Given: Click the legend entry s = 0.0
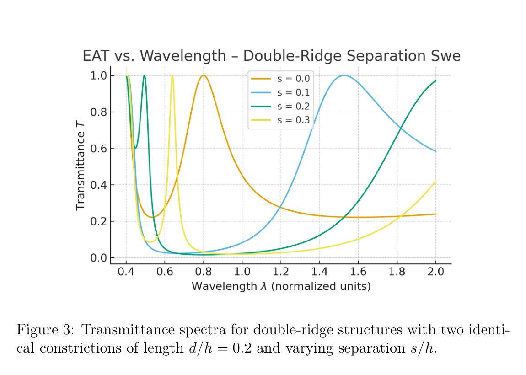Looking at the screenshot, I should point(293,79).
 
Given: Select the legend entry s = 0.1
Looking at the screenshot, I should point(293,92).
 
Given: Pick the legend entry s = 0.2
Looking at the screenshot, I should point(293,107).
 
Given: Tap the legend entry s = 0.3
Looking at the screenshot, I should point(293,120).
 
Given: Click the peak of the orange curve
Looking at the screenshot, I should point(204,75).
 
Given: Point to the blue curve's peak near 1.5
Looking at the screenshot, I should point(344,75).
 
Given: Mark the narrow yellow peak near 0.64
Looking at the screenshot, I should point(172,76).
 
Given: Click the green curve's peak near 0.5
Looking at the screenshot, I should point(144,76).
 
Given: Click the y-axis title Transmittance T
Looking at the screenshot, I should point(81,170).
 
